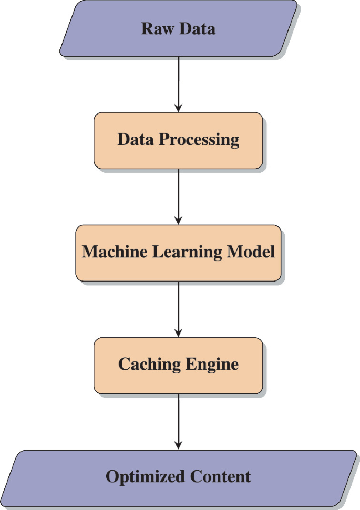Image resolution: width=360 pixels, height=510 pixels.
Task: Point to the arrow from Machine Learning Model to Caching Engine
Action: point(178,309)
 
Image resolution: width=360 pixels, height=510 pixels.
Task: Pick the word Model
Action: point(251,252)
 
